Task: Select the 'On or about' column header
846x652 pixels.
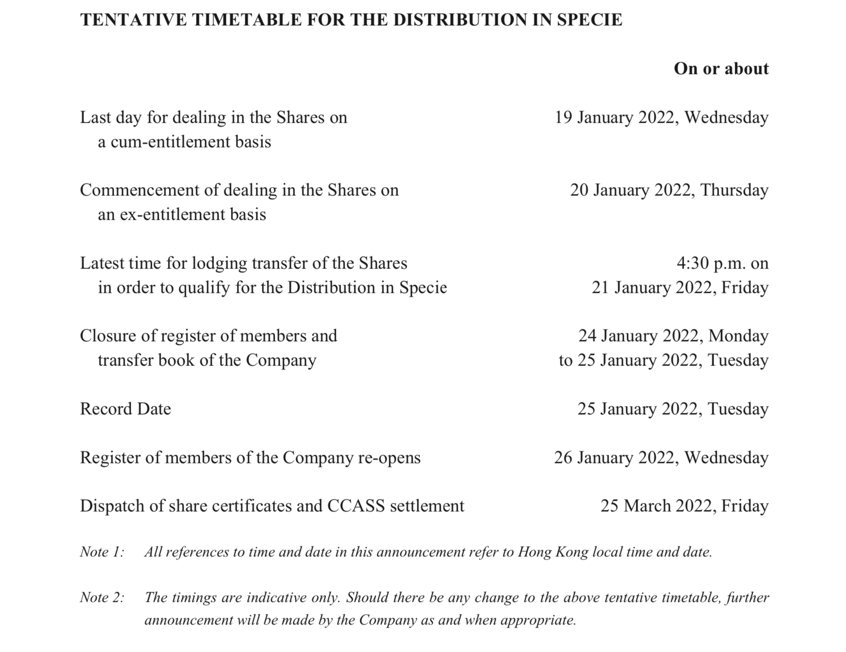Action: click(x=721, y=69)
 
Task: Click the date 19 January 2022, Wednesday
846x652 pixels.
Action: click(x=661, y=118)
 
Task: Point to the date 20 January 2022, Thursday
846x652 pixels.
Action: click(x=669, y=190)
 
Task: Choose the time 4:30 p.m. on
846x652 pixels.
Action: click(x=722, y=263)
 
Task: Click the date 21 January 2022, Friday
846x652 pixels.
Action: click(x=679, y=288)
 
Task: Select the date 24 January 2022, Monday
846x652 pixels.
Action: click(x=673, y=336)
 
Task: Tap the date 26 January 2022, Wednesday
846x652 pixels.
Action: click(x=661, y=458)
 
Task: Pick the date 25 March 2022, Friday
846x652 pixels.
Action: click(x=684, y=506)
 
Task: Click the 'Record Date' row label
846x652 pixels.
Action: click(x=125, y=409)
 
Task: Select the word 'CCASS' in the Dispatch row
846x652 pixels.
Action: click(x=356, y=506)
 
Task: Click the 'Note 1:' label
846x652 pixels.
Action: click(x=102, y=552)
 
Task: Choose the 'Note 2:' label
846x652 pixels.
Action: click(x=102, y=598)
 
